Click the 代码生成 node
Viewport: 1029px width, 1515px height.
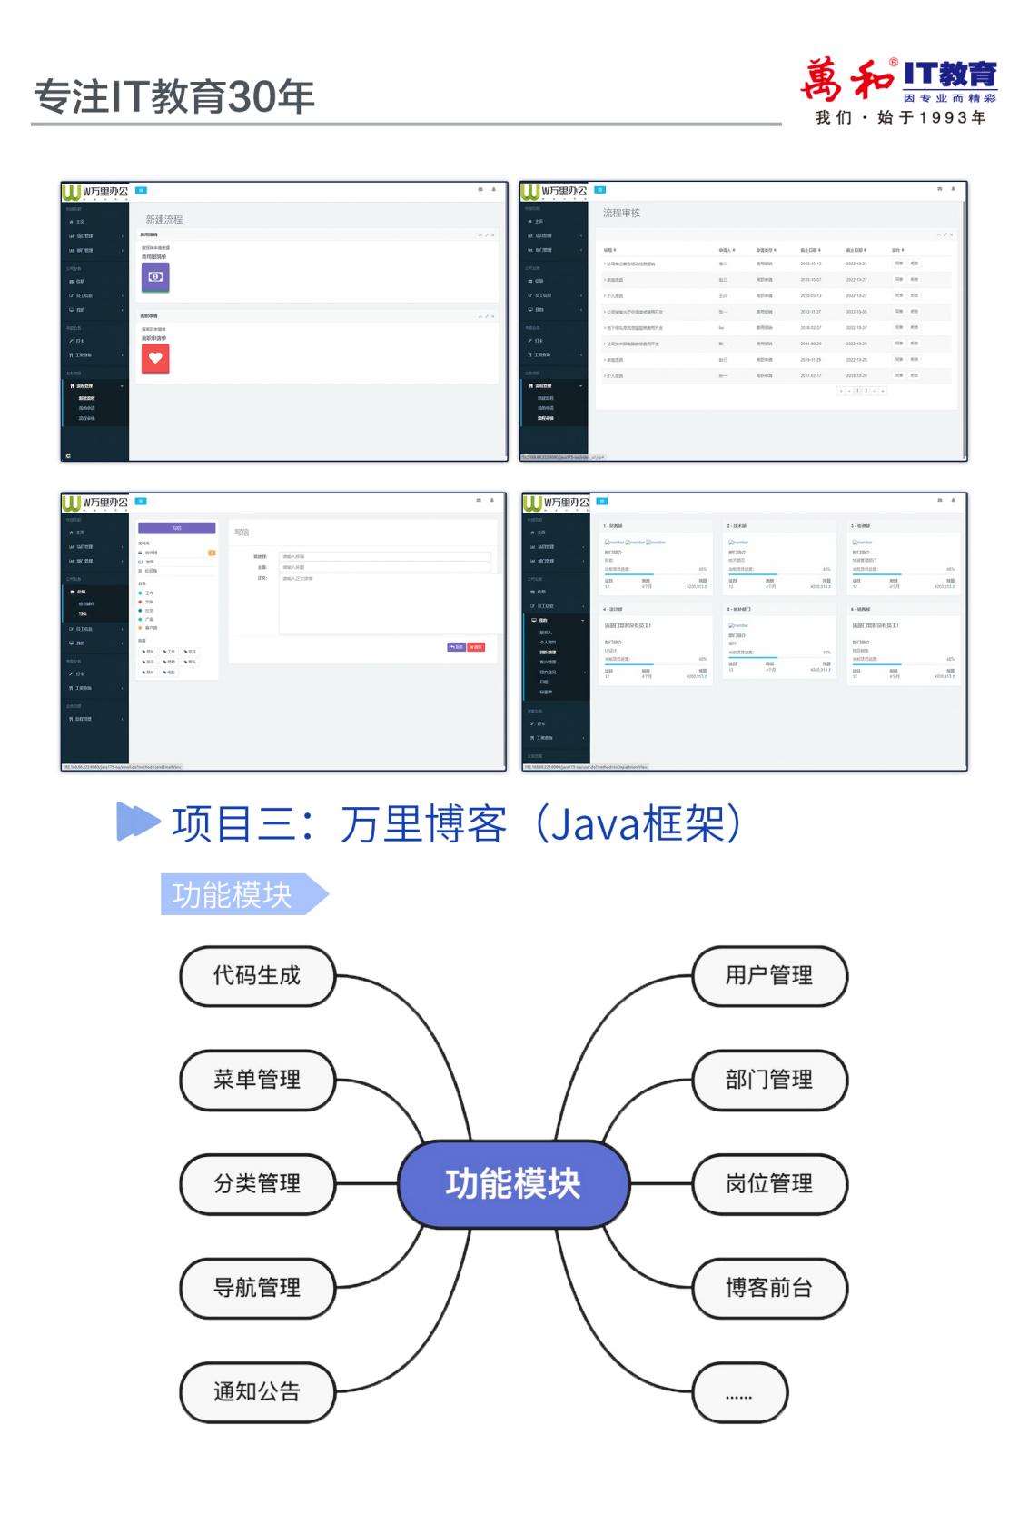click(x=257, y=976)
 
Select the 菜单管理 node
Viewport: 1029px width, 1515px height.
click(x=257, y=1080)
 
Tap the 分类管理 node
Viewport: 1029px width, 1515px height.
click(x=257, y=1183)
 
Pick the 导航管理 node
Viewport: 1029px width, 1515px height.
click(x=257, y=1288)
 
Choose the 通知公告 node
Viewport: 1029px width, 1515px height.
click(x=257, y=1391)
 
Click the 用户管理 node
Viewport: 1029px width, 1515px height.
click(x=769, y=976)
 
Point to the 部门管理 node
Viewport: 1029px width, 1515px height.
click(x=769, y=1080)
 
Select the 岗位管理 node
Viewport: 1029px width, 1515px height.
click(x=769, y=1183)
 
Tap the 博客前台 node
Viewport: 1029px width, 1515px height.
click(x=769, y=1288)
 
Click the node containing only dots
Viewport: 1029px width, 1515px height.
click(x=739, y=1392)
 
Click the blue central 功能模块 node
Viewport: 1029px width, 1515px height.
click(x=513, y=1183)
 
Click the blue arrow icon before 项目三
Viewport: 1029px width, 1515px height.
click(x=138, y=822)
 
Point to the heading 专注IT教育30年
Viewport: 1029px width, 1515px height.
click(x=174, y=97)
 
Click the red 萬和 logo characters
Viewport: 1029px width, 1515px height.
click(x=846, y=80)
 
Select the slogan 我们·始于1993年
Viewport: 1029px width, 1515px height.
click(x=900, y=118)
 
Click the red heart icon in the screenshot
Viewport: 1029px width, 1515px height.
click(x=155, y=358)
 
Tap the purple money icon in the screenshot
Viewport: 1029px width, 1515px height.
click(x=155, y=276)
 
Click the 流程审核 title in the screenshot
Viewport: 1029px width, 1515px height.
click(x=621, y=213)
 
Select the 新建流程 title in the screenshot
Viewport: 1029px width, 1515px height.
click(x=164, y=219)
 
